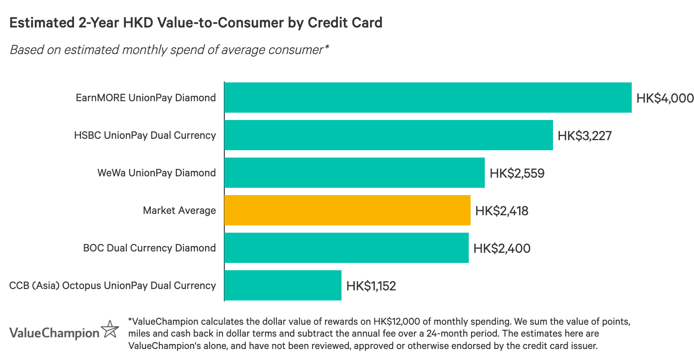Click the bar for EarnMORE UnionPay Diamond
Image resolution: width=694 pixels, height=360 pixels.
click(x=428, y=98)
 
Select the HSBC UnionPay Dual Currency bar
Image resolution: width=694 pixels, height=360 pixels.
click(x=388, y=135)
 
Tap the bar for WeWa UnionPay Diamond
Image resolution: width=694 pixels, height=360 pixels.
click(x=354, y=173)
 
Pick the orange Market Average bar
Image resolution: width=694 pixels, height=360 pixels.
click(x=347, y=210)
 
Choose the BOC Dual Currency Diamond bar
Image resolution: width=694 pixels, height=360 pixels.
click(x=346, y=248)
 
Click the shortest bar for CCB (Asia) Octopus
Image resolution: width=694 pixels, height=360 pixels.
click(x=282, y=285)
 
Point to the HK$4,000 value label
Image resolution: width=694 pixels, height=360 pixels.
click(x=665, y=98)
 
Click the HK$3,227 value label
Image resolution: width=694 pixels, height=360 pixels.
click(x=585, y=136)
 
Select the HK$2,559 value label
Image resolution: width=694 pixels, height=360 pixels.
click(x=517, y=173)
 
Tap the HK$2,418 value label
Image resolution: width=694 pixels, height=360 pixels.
click(x=502, y=211)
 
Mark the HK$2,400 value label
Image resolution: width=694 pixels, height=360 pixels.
click(x=502, y=248)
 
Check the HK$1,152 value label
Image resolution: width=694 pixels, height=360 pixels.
click(x=371, y=286)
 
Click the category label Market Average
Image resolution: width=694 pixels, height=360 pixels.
click(x=179, y=211)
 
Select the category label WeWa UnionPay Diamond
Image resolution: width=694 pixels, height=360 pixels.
click(x=156, y=173)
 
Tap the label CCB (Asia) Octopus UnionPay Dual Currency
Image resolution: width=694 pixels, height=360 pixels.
click(x=112, y=286)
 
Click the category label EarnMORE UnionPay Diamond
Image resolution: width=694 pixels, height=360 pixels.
click(x=146, y=98)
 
